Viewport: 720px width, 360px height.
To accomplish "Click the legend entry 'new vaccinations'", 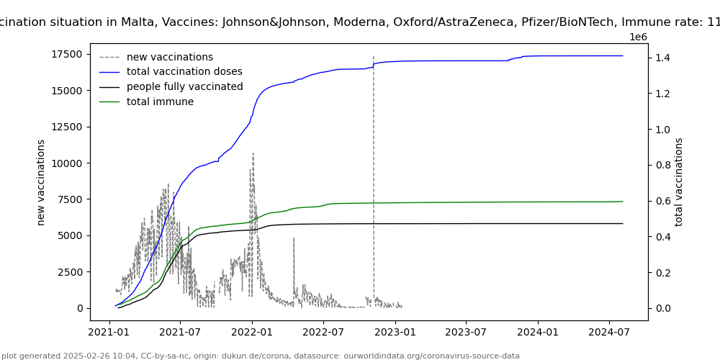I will [x=170, y=57].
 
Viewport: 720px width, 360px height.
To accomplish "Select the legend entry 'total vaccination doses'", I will [x=184, y=72].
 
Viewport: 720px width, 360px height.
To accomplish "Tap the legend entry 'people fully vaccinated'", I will [x=184, y=87].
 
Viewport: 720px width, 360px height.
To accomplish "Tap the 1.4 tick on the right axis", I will [x=663, y=58].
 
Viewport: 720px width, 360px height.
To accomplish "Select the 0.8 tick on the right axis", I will [x=663, y=165].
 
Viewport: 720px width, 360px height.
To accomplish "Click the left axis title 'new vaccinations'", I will [x=42, y=182].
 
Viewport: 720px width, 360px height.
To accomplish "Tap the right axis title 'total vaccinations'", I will [x=679, y=182].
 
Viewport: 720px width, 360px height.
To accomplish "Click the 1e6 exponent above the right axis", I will [x=638, y=37].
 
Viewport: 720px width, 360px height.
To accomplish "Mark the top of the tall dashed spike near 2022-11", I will [x=373, y=56].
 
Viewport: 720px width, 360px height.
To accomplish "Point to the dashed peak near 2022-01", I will [x=253, y=153].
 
